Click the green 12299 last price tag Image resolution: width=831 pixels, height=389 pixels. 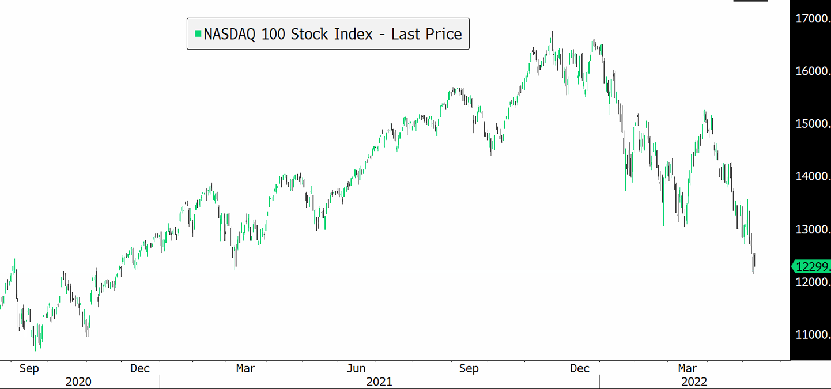(x=811, y=266)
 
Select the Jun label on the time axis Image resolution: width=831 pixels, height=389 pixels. (x=357, y=368)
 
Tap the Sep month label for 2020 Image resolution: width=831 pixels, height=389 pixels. (x=29, y=368)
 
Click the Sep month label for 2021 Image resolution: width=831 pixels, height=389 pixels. (x=469, y=368)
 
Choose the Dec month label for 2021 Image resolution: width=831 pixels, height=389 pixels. (x=580, y=368)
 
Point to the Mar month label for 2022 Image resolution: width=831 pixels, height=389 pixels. (x=687, y=368)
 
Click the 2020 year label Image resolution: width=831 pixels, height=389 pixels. (x=79, y=382)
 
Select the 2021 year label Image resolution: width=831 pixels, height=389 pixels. (x=379, y=382)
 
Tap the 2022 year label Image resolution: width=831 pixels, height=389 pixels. (x=695, y=382)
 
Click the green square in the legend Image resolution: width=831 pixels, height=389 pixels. (x=198, y=34)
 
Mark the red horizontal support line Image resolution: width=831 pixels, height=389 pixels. (x=403, y=271)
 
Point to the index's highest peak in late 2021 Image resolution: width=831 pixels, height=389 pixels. (x=552, y=33)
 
